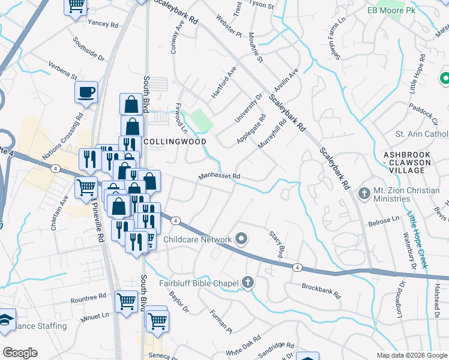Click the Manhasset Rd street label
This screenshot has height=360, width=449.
220,177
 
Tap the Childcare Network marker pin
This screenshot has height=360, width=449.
241,239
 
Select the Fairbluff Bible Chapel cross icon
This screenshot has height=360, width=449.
248,283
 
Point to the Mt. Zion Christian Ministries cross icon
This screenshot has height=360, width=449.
363,194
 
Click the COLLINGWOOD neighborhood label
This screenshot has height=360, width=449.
175,142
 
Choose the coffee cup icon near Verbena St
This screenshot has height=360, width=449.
86,92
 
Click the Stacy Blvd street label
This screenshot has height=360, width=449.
276,245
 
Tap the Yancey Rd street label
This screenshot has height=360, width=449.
103,23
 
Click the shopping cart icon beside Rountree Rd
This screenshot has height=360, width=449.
126,300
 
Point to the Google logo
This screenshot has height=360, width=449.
20,353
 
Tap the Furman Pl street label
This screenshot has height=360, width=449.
221,322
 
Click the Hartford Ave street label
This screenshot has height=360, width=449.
224,86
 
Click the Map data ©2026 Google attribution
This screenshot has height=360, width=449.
411,355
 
